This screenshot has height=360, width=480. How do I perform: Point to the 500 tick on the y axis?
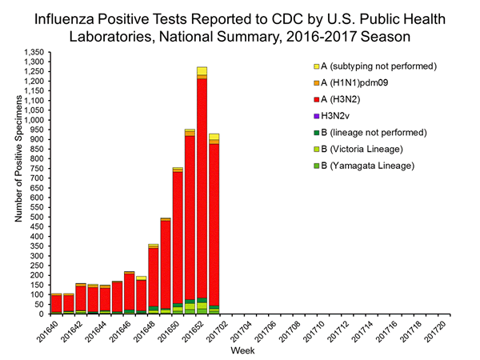pos(37,217)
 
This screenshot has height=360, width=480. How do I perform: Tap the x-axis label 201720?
pos(445,330)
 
